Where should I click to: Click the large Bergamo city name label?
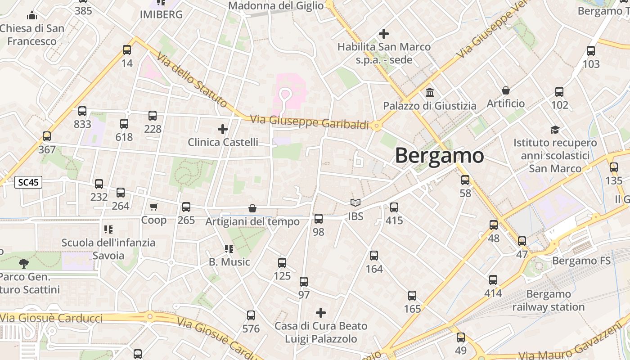tap(439, 156)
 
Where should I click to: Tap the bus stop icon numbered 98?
tap(319, 219)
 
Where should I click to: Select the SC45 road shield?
tap(28, 182)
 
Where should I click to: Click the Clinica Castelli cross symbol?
tap(223, 129)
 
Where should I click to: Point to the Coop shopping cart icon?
tap(154, 207)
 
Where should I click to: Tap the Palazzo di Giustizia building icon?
tap(429, 92)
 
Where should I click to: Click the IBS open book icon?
tap(355, 203)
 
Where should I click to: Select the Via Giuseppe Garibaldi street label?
tap(309, 122)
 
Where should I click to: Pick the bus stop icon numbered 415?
tap(394, 207)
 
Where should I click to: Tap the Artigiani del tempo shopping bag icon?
tap(252, 208)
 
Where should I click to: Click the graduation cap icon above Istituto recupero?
tap(555, 130)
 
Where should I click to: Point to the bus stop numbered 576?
tap(251, 315)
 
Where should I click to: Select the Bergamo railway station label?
tap(548, 301)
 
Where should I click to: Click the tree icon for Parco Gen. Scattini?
tap(24, 263)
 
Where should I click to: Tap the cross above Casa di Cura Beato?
tap(320, 312)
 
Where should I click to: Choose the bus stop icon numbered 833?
tap(82, 111)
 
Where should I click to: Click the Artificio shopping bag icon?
tap(506, 90)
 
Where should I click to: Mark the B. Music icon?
tap(229, 248)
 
